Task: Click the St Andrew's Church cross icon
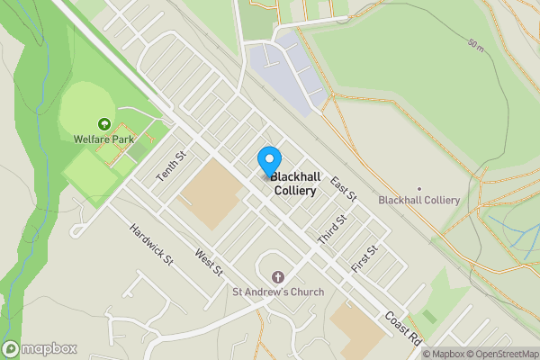[x=278, y=276]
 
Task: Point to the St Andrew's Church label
[x=278, y=292]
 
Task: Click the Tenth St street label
[x=170, y=166]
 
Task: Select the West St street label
[x=208, y=263]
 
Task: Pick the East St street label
[x=344, y=188]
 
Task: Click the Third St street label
[x=332, y=229]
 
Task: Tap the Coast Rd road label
[x=402, y=328]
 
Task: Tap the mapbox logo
[x=40, y=348]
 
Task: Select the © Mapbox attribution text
[x=442, y=353]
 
